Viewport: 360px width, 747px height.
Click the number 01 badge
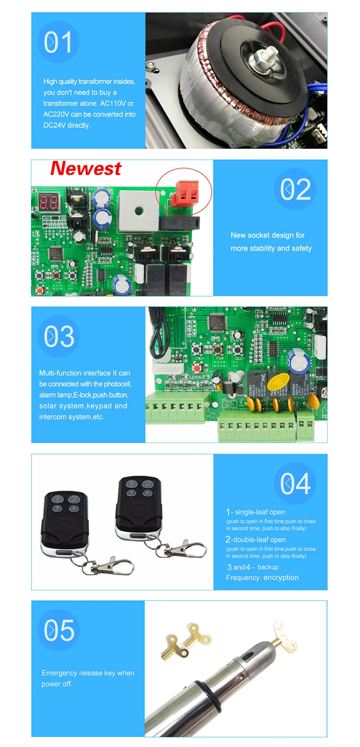[x=58, y=42]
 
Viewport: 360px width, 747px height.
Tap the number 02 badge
[x=295, y=189]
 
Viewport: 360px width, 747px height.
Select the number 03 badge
[x=59, y=336]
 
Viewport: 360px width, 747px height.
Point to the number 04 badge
[x=295, y=484]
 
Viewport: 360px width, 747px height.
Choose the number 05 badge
[x=59, y=630]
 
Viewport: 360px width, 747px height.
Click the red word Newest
[x=85, y=169]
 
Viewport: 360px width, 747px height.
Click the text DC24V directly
[x=67, y=125]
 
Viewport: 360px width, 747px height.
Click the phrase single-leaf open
[x=260, y=512]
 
